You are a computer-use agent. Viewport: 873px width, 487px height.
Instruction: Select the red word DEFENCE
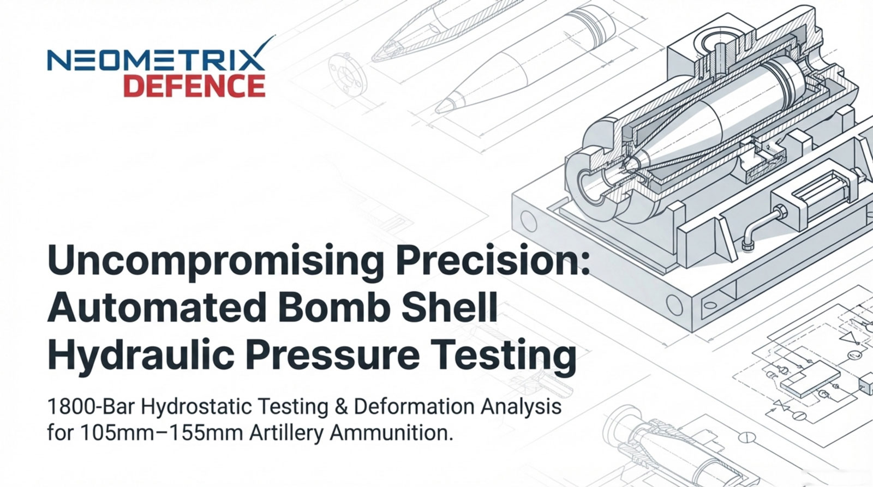tap(194, 86)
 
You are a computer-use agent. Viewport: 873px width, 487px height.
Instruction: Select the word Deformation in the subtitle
tap(414, 407)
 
